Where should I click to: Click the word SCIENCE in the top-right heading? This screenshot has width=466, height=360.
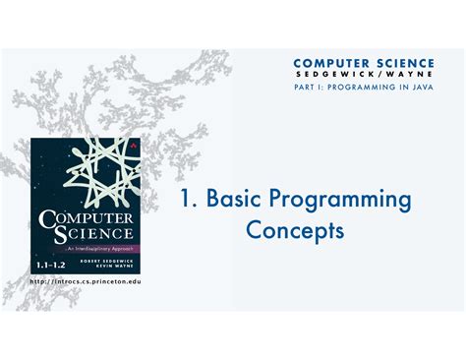[408, 62]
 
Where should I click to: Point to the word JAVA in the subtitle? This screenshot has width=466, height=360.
[420, 89]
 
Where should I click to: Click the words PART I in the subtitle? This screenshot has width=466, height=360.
[307, 89]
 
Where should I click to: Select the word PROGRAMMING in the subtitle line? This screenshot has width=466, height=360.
[362, 89]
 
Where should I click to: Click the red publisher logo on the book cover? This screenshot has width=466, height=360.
[131, 147]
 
